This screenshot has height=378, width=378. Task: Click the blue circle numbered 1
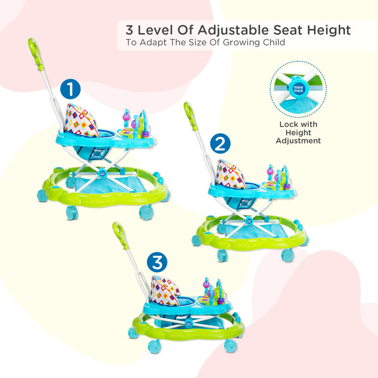[70, 89]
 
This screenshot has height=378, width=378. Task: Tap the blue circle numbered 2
[220, 143]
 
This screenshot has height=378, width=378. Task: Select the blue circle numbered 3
[157, 262]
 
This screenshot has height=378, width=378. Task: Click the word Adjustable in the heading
[233, 30]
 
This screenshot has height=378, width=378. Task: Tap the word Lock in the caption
[288, 124]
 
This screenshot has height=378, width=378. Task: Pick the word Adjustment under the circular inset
[298, 141]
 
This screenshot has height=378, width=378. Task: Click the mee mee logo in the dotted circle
[298, 89]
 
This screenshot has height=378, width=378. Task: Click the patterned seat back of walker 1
[81, 121]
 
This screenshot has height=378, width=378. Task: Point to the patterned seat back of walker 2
[230, 174]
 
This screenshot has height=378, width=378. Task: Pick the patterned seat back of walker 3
[165, 291]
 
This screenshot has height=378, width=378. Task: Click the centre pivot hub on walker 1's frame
[102, 173]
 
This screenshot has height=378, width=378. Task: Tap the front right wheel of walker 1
[146, 212]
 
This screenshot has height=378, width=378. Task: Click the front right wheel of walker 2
[288, 255]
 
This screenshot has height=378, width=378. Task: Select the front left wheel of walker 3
[154, 346]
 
